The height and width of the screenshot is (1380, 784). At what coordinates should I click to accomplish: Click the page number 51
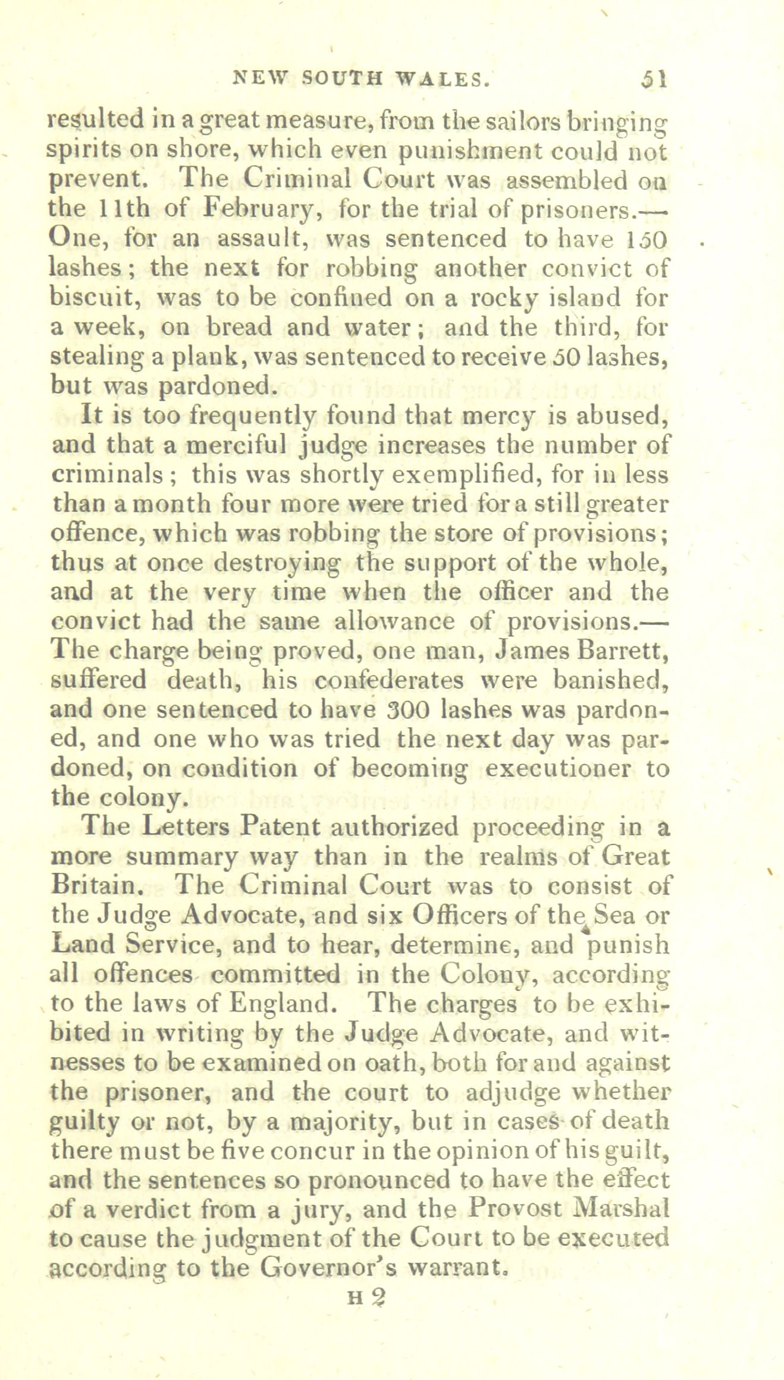coord(654,79)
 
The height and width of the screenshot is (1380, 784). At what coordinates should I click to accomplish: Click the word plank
coord(200,356)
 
